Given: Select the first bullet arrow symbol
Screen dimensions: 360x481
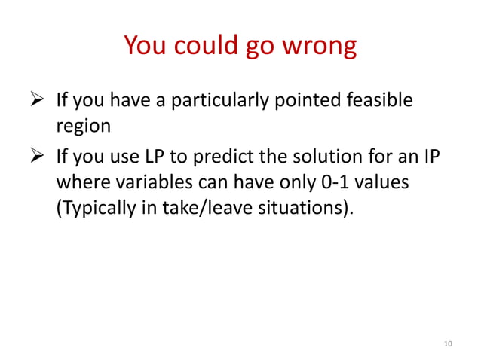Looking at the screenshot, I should click(40, 100).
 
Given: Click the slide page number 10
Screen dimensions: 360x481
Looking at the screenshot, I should click(448, 343).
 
